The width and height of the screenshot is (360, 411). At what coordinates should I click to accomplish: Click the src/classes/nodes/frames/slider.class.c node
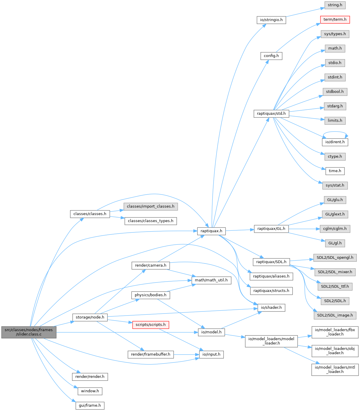click(x=29, y=332)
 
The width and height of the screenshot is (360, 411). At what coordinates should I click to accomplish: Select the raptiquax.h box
click(x=211, y=231)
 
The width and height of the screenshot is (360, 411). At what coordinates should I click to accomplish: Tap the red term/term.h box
click(x=335, y=20)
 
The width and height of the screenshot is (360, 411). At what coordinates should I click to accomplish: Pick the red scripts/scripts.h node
click(x=151, y=325)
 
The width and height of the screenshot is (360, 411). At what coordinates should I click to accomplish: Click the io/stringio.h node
click(x=271, y=20)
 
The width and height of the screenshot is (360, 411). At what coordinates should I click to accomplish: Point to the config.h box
click(x=271, y=56)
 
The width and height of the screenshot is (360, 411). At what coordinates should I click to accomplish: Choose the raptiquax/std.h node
click(x=271, y=114)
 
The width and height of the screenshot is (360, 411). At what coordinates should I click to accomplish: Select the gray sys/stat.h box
click(x=335, y=185)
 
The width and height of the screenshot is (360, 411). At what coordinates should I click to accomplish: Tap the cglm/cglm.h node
click(x=335, y=229)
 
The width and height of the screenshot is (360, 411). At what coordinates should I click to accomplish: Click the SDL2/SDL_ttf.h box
click(x=335, y=286)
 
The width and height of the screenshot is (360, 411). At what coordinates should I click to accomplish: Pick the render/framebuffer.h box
click(x=151, y=354)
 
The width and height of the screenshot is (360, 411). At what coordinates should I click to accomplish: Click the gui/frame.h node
click(x=90, y=405)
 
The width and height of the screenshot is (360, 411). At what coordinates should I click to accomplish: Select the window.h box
click(x=90, y=391)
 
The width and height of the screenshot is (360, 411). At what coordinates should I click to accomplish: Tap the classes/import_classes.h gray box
click(x=151, y=206)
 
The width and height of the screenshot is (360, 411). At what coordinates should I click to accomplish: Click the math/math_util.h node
click(x=211, y=280)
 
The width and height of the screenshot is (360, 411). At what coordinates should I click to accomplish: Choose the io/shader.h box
click(x=271, y=308)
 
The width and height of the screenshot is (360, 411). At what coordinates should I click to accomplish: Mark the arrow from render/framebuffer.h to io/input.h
click(x=186, y=355)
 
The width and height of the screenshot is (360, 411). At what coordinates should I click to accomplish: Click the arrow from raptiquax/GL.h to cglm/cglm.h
click(x=304, y=229)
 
